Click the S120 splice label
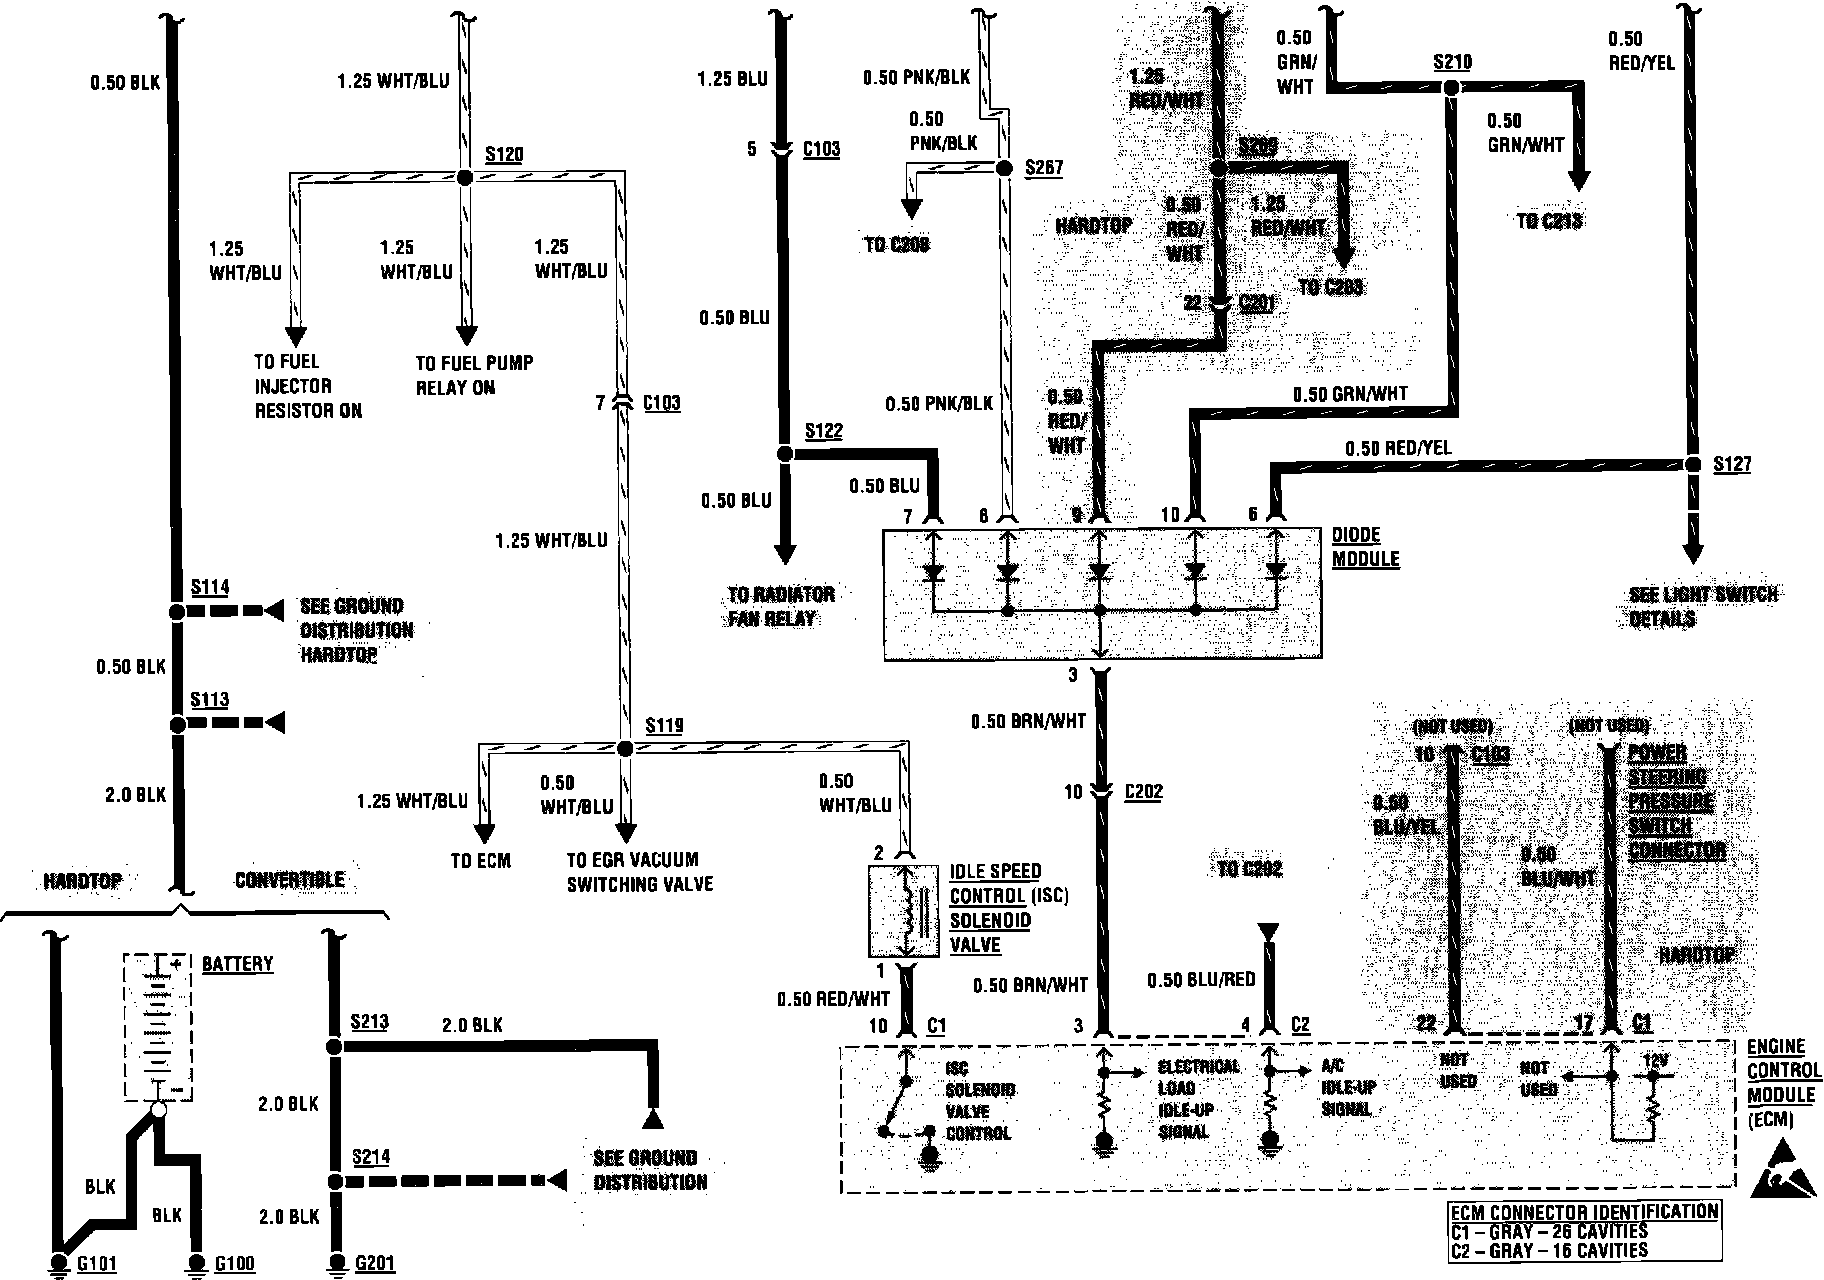coord(504,155)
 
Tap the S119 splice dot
coord(625,748)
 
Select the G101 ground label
coord(97,1264)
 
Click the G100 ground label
coord(235,1264)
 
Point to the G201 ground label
coord(376,1264)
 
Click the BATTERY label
coord(237,964)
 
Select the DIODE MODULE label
coord(1365,546)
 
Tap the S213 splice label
coord(369,1022)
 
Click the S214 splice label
coord(370,1157)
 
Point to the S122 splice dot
coord(785,454)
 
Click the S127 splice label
coord(1731,464)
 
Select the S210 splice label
coord(1452,62)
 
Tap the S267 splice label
coord(1044,167)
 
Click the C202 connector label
coord(1144,791)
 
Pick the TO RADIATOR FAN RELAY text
coord(781,606)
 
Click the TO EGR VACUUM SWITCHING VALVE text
coord(639,871)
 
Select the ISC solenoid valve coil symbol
coord(907,910)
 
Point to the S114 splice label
coord(210,587)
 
